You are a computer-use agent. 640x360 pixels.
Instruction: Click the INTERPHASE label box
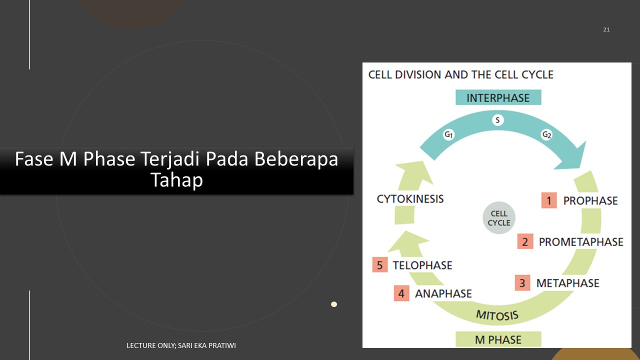click(498, 97)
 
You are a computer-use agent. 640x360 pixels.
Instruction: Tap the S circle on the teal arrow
click(497, 120)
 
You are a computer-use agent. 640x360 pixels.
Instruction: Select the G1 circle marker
click(449, 134)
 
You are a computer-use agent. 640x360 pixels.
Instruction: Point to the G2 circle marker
click(547, 134)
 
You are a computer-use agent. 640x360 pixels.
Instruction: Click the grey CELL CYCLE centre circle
click(499, 217)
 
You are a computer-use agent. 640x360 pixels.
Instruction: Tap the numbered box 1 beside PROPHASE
click(549, 200)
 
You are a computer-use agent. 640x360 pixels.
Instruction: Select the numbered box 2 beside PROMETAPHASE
click(525, 241)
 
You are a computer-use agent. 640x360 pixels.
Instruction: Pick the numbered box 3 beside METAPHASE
click(522, 283)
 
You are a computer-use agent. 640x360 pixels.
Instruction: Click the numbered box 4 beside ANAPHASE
click(401, 293)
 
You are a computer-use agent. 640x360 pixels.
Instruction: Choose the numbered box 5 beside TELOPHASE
click(380, 265)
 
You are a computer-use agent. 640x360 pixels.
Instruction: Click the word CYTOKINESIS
click(410, 199)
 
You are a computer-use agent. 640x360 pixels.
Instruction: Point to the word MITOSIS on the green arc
click(497, 315)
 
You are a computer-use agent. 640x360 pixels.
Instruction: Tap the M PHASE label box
click(498, 339)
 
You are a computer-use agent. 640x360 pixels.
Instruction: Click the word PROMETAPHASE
click(581, 241)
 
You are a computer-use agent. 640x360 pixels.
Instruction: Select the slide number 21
click(606, 29)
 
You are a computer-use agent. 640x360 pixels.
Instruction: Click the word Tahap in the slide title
click(176, 179)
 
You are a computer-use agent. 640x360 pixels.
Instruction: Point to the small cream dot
click(333, 304)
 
